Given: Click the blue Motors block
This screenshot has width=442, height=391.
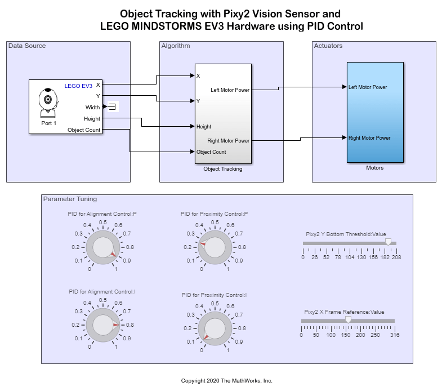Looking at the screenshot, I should [x=374, y=112].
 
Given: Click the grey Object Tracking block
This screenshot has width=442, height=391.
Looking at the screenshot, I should [x=223, y=113].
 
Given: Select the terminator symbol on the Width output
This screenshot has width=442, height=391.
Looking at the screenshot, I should [x=113, y=107].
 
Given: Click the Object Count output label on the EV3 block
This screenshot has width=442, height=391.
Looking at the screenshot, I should [x=84, y=130].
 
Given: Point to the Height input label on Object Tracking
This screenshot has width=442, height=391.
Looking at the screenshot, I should [x=204, y=127].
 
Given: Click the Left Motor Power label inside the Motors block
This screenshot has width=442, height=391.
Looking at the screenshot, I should [x=368, y=87].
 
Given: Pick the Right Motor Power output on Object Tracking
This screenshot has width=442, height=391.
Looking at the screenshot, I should [x=230, y=141].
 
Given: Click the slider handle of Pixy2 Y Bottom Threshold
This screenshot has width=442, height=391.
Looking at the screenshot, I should [x=387, y=242].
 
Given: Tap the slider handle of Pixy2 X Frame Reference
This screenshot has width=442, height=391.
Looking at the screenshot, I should [x=348, y=319].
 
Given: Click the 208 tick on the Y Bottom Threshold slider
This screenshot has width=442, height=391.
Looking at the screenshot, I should [x=397, y=257].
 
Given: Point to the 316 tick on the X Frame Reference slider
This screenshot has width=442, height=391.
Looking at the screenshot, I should [x=395, y=335].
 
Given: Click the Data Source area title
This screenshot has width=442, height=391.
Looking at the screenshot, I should [x=27, y=46].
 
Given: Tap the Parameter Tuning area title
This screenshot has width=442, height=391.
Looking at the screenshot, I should [x=70, y=199].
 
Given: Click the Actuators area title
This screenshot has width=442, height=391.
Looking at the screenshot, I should [x=328, y=46].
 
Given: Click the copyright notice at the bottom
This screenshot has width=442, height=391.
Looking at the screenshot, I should [x=226, y=381].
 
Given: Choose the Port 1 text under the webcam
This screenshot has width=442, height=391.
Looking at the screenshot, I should [x=49, y=123].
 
